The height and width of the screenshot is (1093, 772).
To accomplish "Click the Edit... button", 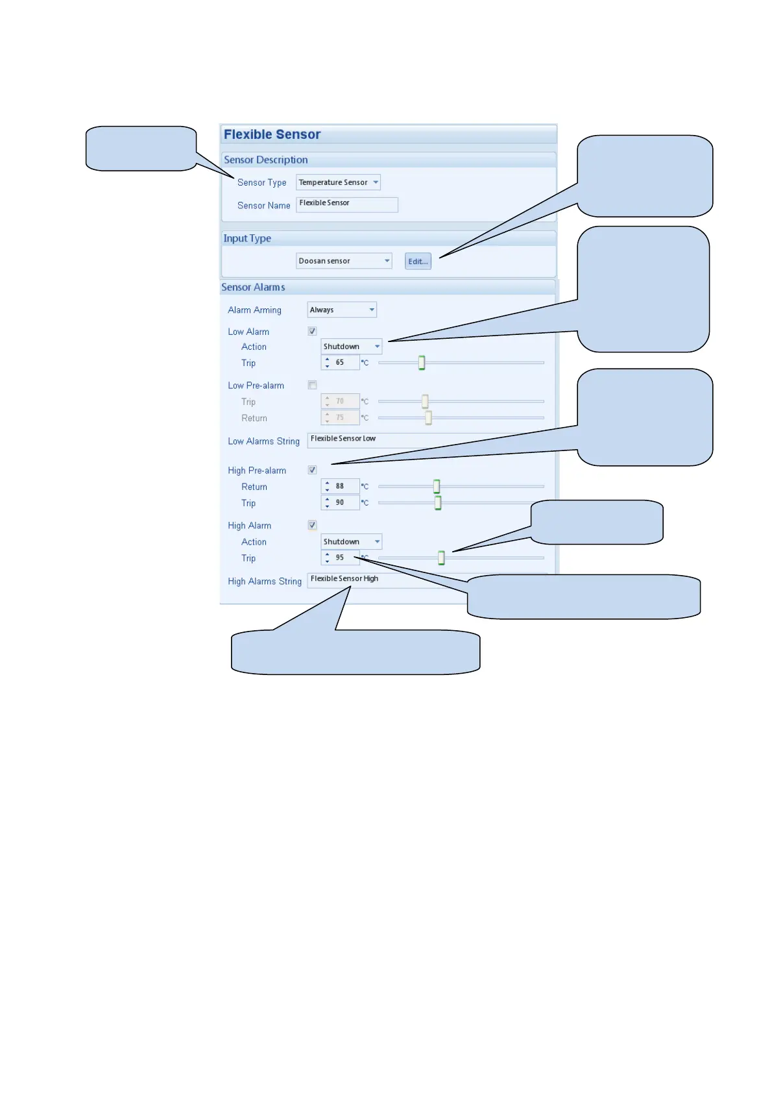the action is pos(418,262).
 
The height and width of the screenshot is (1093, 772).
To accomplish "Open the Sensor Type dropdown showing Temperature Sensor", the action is pos(338,182).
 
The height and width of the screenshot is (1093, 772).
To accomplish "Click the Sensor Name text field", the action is pos(346,204).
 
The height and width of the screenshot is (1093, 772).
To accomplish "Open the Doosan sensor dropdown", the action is pos(344,261).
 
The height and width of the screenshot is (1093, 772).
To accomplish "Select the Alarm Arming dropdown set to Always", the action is pos(342,310).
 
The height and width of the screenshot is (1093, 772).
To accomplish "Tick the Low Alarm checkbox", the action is pos(312,331).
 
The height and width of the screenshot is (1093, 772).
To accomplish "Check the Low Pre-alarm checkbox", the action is pos(312,385).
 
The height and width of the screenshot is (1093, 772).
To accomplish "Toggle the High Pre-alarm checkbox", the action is pos(312,470).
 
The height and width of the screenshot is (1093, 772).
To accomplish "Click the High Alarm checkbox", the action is pos(312,525).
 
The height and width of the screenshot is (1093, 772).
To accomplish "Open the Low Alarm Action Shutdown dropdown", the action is pos(351,347).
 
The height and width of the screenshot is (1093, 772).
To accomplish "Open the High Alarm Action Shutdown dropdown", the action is pos(351,542).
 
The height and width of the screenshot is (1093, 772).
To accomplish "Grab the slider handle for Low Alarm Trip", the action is pos(422,363).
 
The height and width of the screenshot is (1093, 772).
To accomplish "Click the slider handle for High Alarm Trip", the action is pos(441,558).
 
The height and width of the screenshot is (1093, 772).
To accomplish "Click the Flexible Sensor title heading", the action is pos(272,134).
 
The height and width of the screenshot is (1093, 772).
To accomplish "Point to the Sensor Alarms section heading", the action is pos(253,288).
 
